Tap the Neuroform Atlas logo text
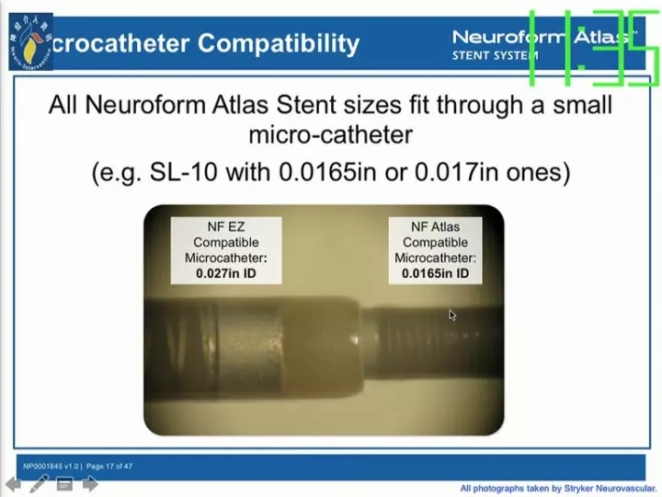tap(542, 37)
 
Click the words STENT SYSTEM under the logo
tap(495, 55)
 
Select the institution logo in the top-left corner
tap(30, 42)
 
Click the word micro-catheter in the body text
tap(330, 135)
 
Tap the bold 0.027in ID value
tap(225, 273)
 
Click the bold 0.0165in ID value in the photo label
tap(435, 273)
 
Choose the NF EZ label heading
tap(225, 226)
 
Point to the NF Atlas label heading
tap(435, 226)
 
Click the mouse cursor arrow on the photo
tap(452, 315)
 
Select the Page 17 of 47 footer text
tap(109, 467)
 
